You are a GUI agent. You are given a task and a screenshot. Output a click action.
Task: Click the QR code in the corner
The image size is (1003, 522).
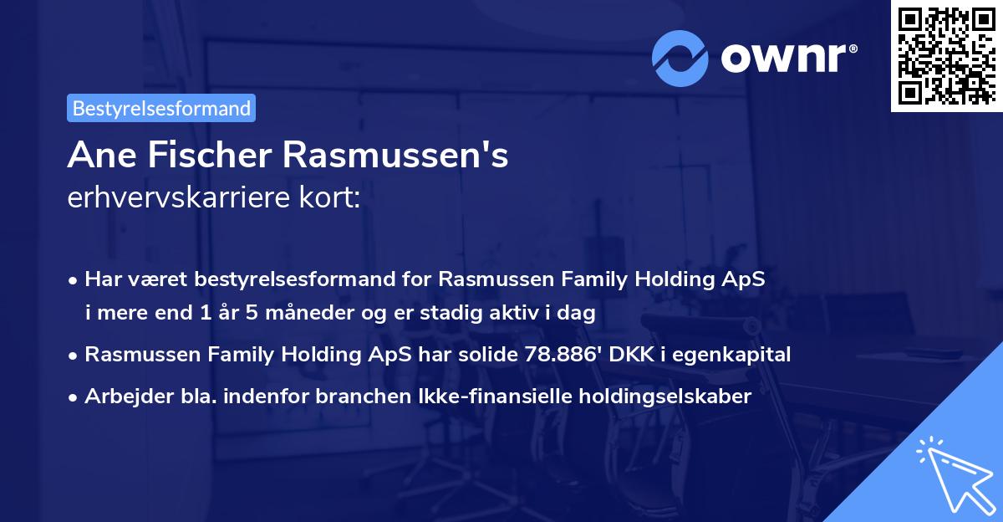[946, 56]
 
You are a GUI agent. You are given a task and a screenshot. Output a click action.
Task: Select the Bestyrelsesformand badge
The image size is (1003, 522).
[161, 108]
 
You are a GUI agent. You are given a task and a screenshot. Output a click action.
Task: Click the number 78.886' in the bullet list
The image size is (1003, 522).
[556, 355]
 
